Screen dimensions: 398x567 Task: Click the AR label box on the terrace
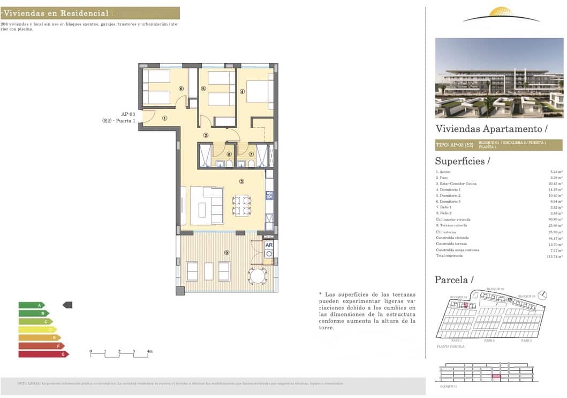[269, 245]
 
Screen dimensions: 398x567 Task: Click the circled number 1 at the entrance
[165, 119]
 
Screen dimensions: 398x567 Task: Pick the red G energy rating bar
[43, 354]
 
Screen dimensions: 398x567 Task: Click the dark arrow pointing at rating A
[67, 305]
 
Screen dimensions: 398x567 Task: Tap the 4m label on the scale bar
[150, 351]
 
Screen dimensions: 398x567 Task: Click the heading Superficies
[462, 161]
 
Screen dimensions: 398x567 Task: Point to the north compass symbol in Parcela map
[542, 294]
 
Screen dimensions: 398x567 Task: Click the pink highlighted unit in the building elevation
[496, 377]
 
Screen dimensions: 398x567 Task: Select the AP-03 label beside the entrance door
[127, 114]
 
